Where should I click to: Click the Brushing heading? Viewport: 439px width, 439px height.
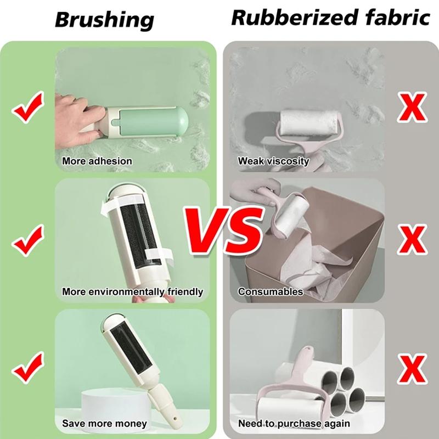(x=104, y=20)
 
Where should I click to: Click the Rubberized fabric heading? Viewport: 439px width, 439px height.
(x=330, y=18)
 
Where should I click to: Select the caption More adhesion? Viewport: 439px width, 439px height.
(x=97, y=161)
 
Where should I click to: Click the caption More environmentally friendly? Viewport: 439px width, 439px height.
(x=132, y=292)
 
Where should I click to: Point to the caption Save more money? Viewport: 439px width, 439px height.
(x=104, y=424)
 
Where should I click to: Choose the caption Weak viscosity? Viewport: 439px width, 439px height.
(x=273, y=161)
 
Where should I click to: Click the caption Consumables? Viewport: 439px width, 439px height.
(x=271, y=292)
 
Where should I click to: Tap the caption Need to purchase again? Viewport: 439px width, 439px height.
(x=294, y=424)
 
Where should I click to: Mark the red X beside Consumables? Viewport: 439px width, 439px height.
(x=411, y=238)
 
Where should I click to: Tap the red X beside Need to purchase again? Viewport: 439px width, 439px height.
(x=411, y=367)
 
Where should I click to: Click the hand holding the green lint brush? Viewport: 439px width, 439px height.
(x=74, y=112)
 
